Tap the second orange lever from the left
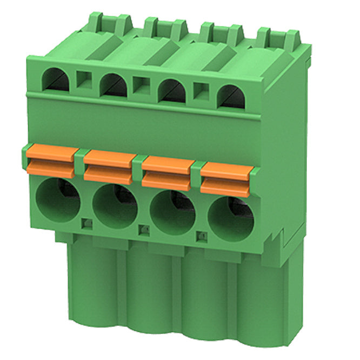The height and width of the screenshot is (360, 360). click(109, 167)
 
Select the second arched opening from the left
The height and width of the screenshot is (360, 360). click(113, 84)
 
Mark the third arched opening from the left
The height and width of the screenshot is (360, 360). click(171, 90)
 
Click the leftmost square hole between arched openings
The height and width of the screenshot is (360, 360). click(84, 81)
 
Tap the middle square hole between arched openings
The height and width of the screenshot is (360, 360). click(142, 86)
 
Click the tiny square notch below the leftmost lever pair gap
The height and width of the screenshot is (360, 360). click(85, 222)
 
